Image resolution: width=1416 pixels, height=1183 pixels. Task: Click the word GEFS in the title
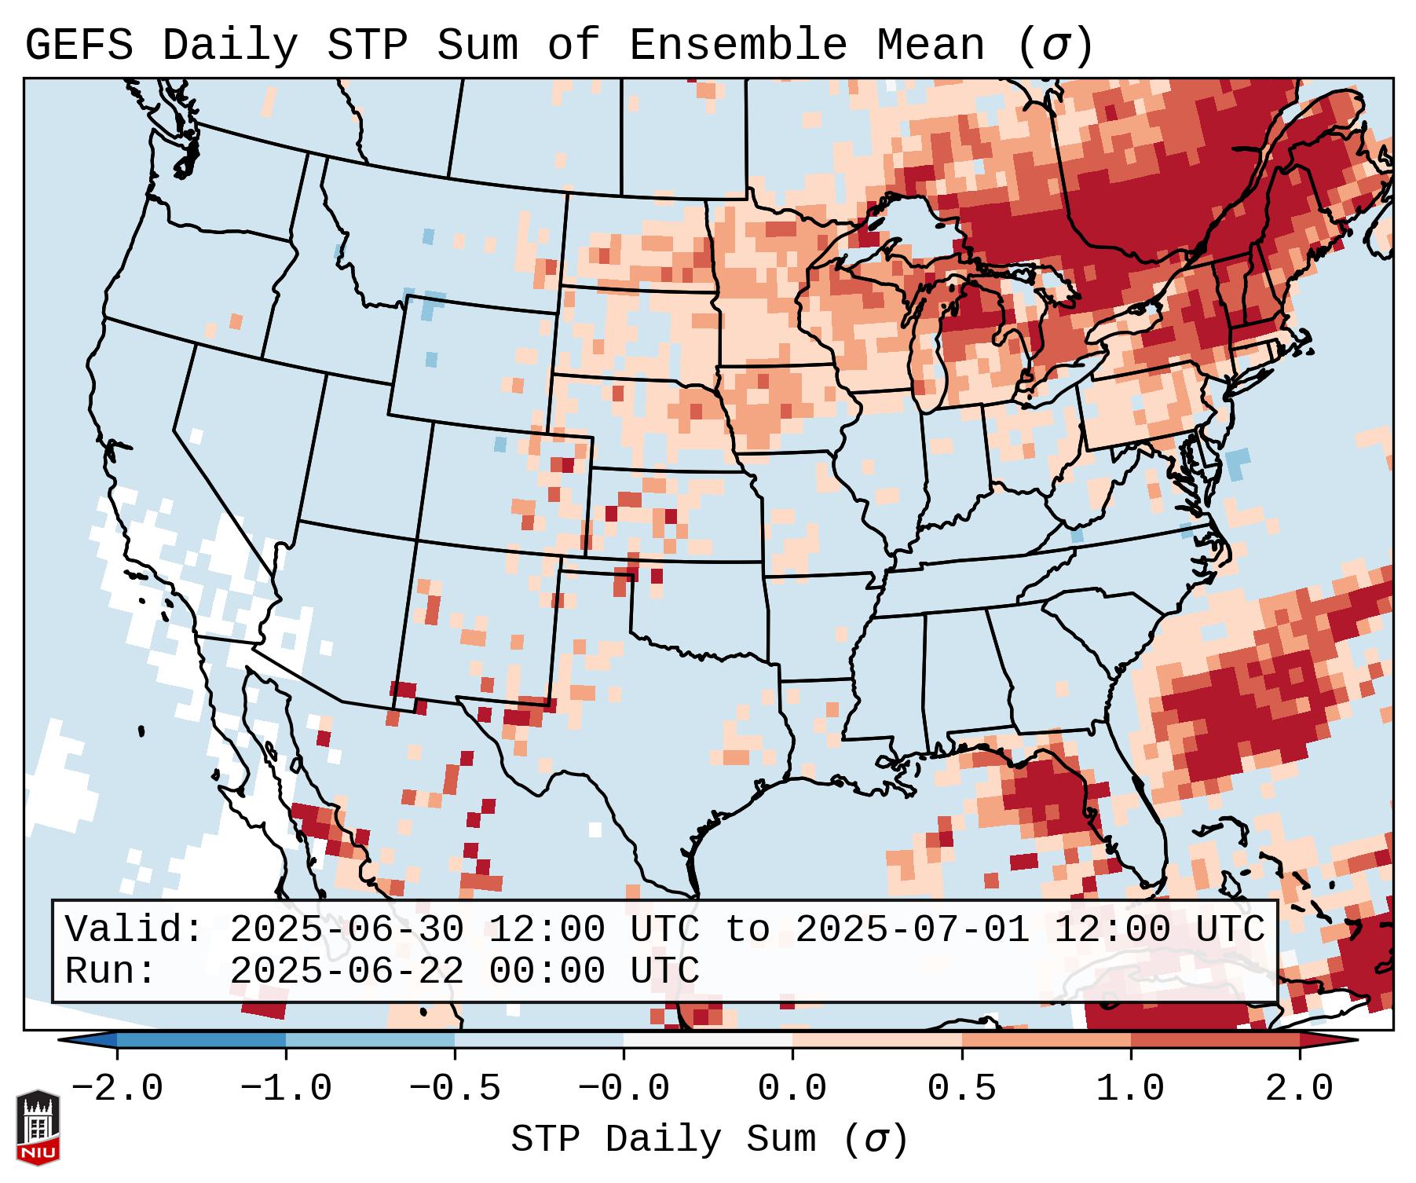(x=79, y=46)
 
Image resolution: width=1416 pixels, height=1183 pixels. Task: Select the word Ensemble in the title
(x=738, y=46)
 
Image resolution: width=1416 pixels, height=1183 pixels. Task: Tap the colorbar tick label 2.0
(x=1299, y=1089)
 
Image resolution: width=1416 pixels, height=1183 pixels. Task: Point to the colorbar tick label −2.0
(x=117, y=1089)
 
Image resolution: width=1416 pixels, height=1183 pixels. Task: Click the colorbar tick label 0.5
(x=961, y=1089)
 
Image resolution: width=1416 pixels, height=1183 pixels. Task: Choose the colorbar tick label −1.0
(x=286, y=1089)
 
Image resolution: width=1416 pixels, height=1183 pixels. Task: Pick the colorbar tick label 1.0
(x=1130, y=1089)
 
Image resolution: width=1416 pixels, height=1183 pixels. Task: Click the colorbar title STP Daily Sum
(x=664, y=1139)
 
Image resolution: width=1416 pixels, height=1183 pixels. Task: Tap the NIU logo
(x=38, y=1127)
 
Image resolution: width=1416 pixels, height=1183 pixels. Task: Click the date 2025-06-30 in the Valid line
(x=346, y=930)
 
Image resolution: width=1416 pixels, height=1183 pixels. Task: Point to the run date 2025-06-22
(x=346, y=971)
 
